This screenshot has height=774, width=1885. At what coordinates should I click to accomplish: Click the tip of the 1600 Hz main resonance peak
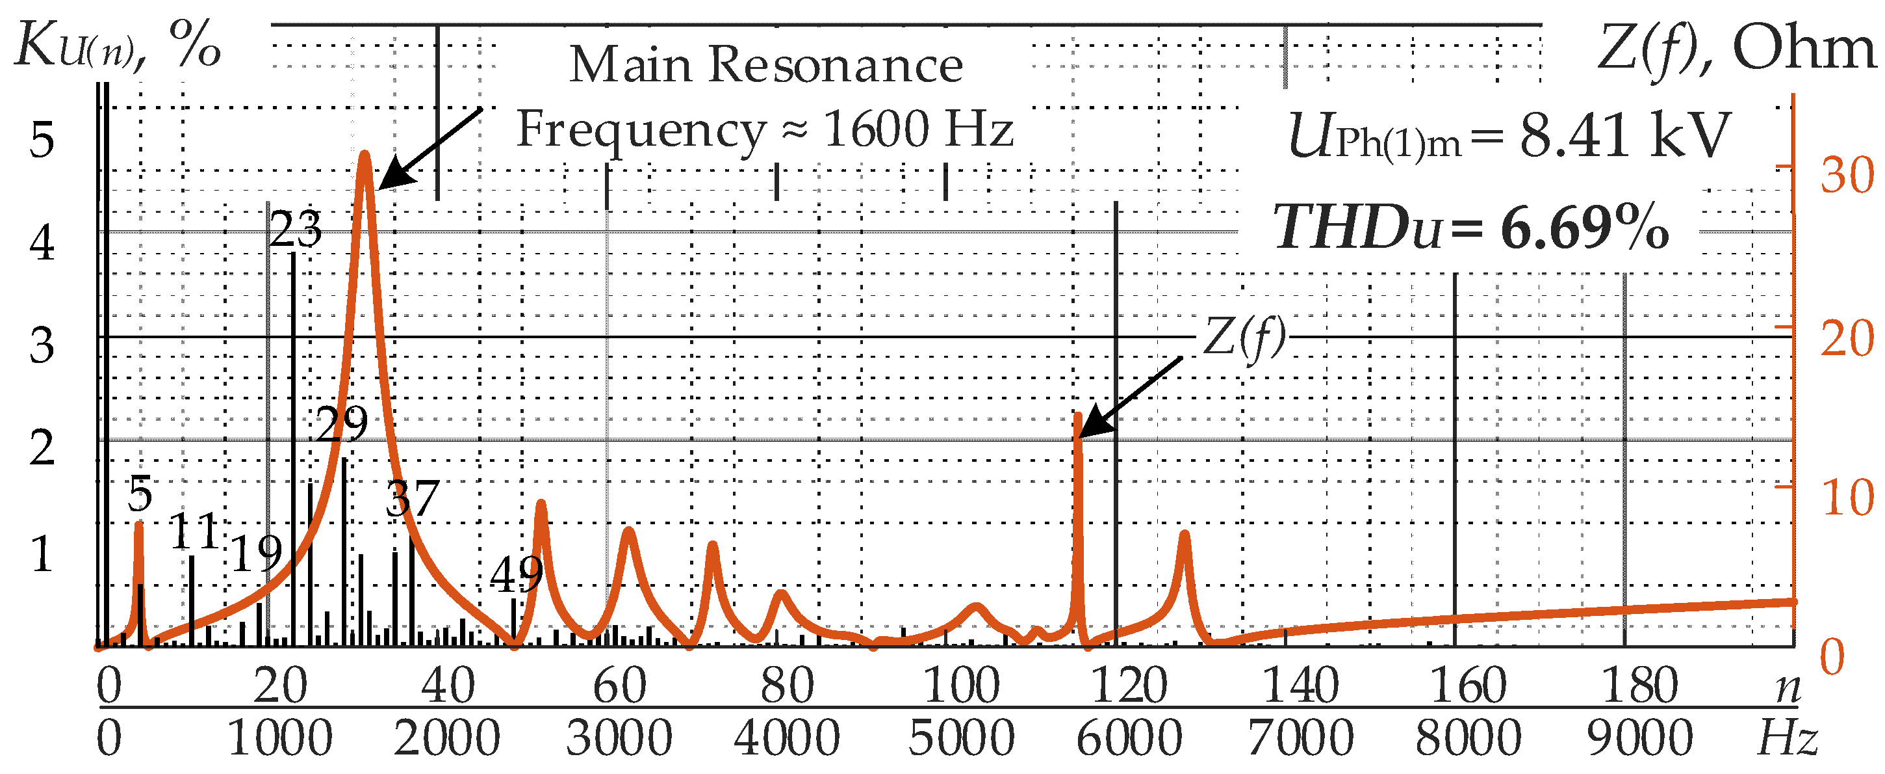pos(365,155)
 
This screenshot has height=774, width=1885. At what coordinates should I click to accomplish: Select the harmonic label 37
pos(412,499)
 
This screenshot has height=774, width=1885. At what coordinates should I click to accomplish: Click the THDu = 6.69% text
pos(1471,228)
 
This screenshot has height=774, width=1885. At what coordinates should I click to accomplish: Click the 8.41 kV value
pos(1624,136)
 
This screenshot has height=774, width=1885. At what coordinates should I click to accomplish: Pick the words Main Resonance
pos(765,64)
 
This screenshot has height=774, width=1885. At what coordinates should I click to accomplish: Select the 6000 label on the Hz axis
pos(1129,738)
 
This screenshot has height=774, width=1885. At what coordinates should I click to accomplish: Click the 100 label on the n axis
pos(961,686)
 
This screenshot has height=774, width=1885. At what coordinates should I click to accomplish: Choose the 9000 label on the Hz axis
pos(1639,738)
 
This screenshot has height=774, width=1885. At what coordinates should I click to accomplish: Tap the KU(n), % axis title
pos(117,46)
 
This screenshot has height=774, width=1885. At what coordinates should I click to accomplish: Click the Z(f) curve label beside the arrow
pos(1244,338)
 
